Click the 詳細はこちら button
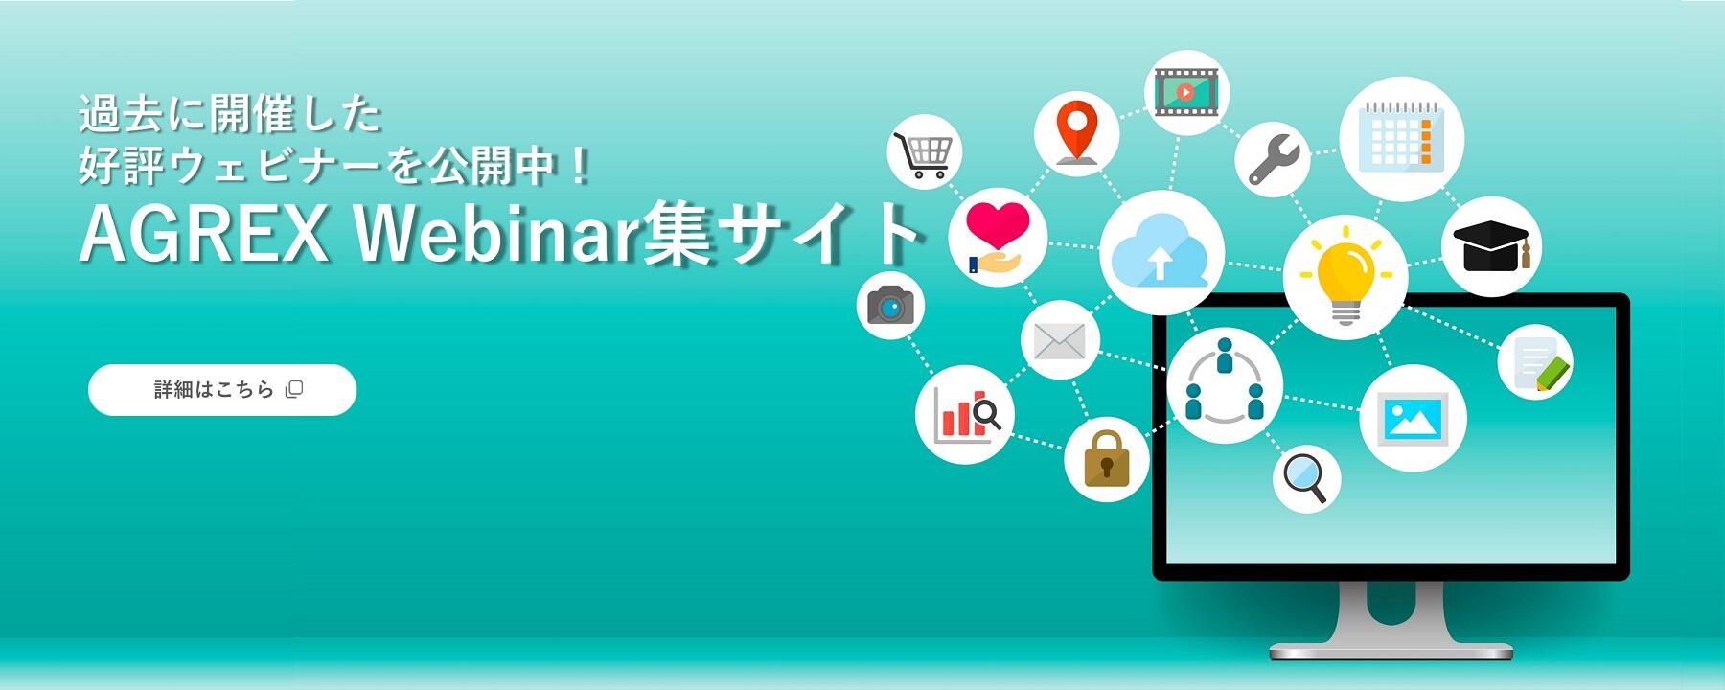tap(222, 390)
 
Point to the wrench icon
tap(1274, 159)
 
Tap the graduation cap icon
tap(1491, 246)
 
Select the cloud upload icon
tap(1161, 250)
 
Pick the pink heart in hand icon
tap(997, 237)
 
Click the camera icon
tap(890, 306)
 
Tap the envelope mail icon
tap(1059, 340)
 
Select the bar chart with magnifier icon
tap(967, 415)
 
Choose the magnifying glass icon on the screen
tap(1307, 477)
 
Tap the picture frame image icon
tap(1413, 418)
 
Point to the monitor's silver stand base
tap(1391, 650)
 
